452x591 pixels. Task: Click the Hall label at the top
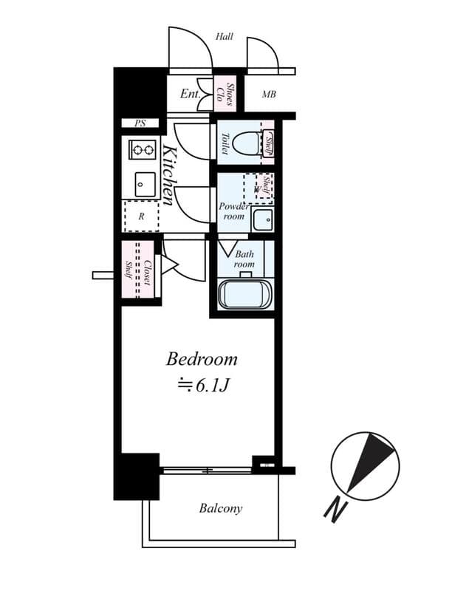225,36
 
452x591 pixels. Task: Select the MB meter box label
269,95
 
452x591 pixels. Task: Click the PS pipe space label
140,123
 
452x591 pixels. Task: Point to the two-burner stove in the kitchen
143,149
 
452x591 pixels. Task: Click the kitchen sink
145,184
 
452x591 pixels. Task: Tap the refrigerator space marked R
140,217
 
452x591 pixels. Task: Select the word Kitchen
169,176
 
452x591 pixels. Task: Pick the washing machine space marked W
256,188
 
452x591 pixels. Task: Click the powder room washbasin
261,219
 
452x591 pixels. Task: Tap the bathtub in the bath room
245,293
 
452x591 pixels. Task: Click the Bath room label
244,259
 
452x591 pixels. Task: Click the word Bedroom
202,360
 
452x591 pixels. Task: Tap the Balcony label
220,508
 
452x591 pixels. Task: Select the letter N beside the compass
335,509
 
